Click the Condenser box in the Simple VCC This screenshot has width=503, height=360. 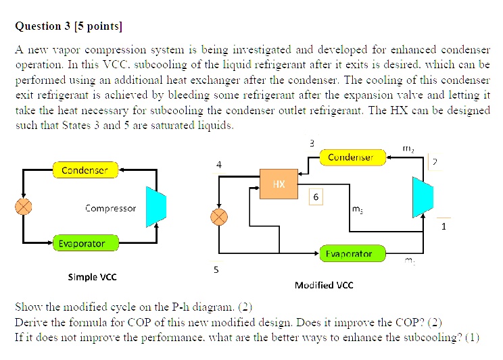[x=85, y=170]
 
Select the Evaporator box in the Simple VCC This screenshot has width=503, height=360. [x=81, y=243]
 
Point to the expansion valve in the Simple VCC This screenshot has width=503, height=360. [x=24, y=206]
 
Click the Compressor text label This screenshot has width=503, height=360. [x=110, y=208]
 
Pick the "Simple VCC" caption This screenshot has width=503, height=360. [x=92, y=277]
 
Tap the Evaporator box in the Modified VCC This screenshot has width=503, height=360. [x=349, y=254]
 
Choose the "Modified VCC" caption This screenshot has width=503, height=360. [x=324, y=285]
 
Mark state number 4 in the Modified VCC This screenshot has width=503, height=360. [x=218, y=165]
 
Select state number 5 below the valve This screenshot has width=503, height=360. [x=216, y=270]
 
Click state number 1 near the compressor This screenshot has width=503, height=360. [x=444, y=227]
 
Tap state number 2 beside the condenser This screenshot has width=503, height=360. [x=435, y=161]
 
